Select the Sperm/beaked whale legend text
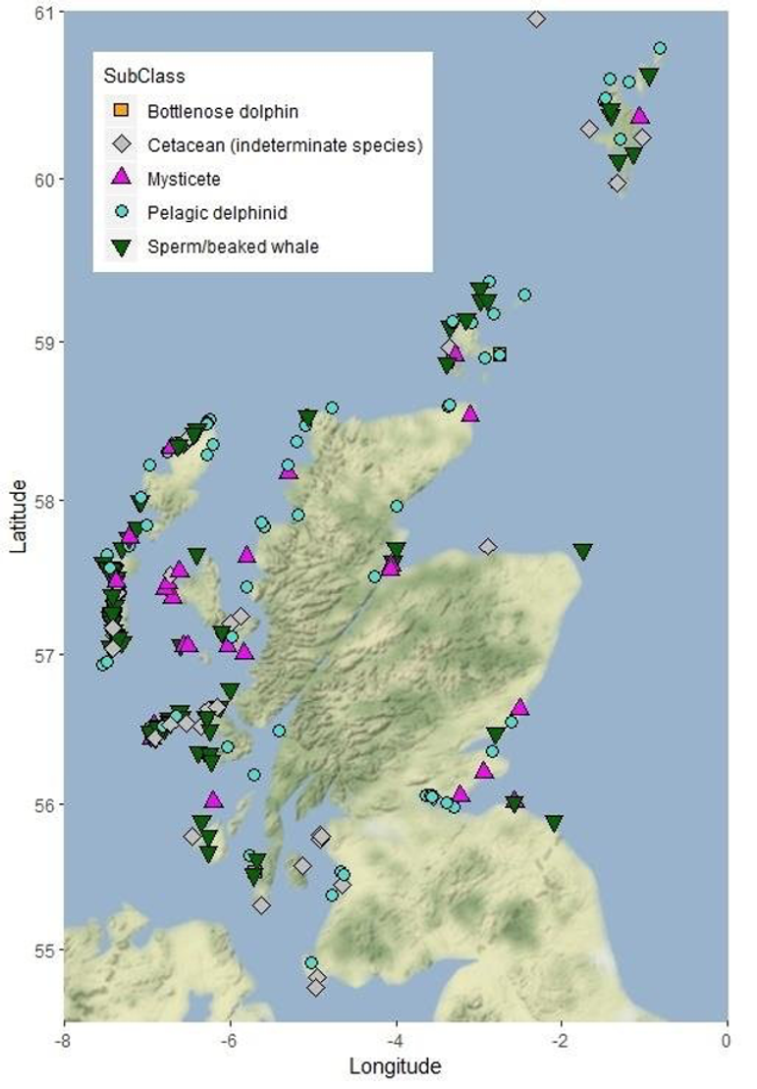pyautogui.click(x=233, y=246)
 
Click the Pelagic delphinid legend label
pyautogui.click(x=216, y=212)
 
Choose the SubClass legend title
pyautogui.click(x=144, y=76)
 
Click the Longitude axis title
pyautogui.click(x=395, y=1065)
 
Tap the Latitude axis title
pyautogui.click(x=18, y=516)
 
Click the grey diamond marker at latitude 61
pyautogui.click(x=536, y=19)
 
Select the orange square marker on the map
pyautogui.click(x=500, y=354)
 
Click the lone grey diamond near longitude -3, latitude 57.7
pyautogui.click(x=488, y=546)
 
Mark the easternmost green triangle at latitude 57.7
pyautogui.click(x=583, y=552)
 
